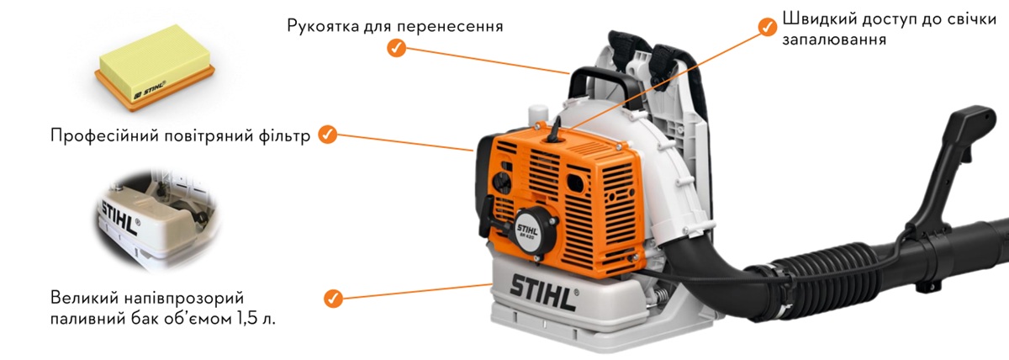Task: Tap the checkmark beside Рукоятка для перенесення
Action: pos(396,49)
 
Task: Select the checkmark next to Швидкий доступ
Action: pos(767,27)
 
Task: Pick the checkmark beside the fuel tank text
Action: pos(333,297)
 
